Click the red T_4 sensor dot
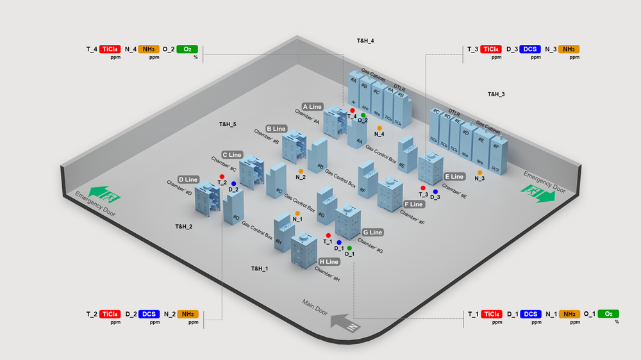pyautogui.click(x=353, y=111)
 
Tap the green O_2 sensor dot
pyautogui.click(x=363, y=115)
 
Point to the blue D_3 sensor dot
pyautogui.click(x=435, y=192)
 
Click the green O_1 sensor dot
pyautogui.click(x=349, y=248)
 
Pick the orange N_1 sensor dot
pyautogui.click(x=297, y=213)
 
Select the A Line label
pyautogui.click(x=313, y=107)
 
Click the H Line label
pyautogui.click(x=329, y=262)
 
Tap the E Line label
pyautogui.click(x=454, y=177)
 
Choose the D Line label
pyautogui.click(x=188, y=180)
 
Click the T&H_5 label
pyautogui.click(x=228, y=124)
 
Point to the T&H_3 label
pyautogui.click(x=496, y=94)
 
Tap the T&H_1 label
pyautogui.click(x=259, y=268)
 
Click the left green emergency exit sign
pyautogui.click(x=105, y=193)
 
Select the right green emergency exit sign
pyautogui.click(x=537, y=193)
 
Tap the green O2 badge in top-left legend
pyautogui.click(x=187, y=49)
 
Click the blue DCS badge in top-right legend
pyautogui.click(x=530, y=49)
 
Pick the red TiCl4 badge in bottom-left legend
pyautogui.click(x=110, y=314)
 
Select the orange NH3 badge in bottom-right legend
pyautogui.click(x=569, y=314)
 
